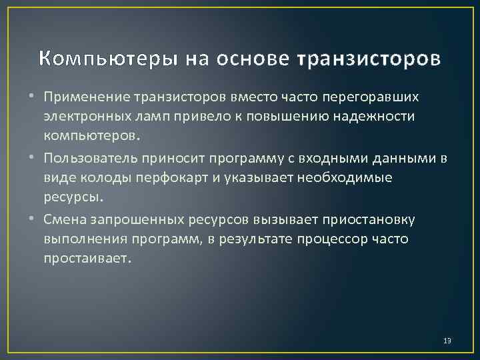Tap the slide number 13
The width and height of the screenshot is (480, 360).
[447, 341]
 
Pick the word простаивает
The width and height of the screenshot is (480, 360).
[83, 257]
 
